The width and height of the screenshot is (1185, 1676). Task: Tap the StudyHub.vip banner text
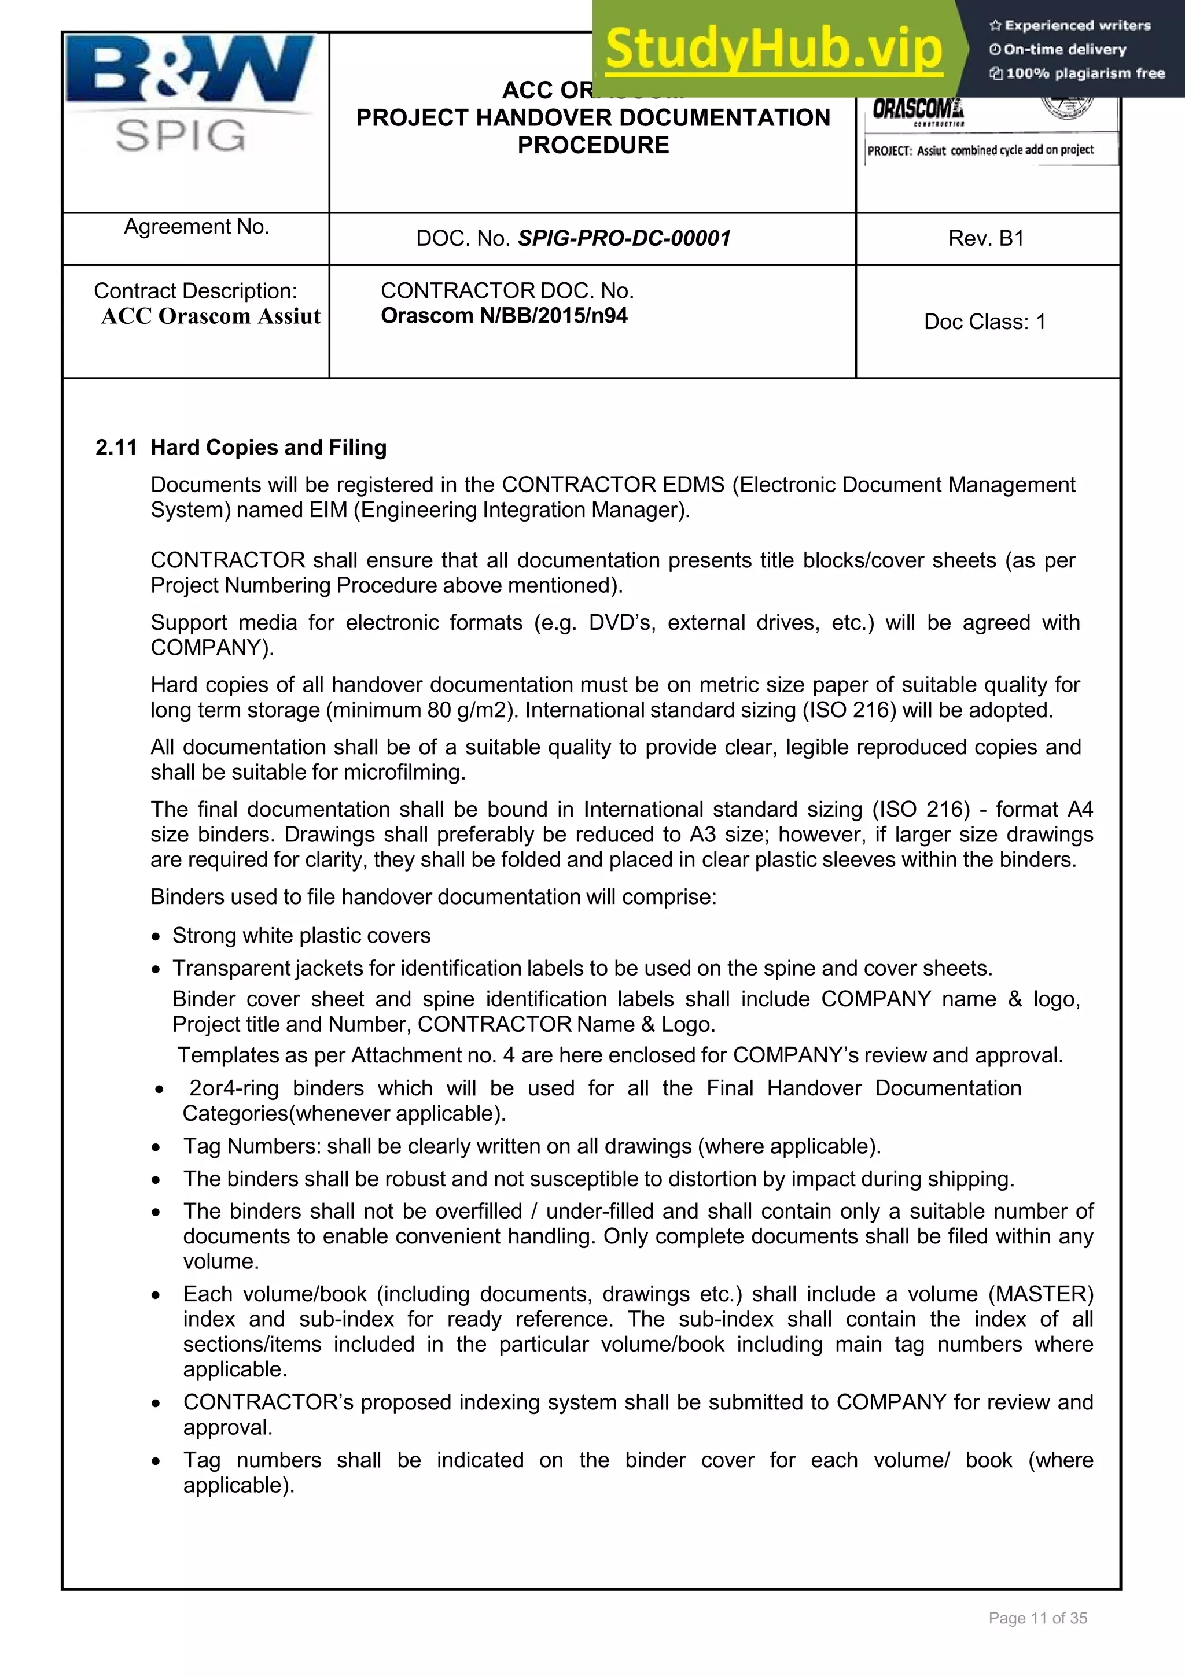774,48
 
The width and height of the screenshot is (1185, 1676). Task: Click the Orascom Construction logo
918,112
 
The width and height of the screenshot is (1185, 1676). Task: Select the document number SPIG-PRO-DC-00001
624,239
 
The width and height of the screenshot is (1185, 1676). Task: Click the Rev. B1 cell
986,239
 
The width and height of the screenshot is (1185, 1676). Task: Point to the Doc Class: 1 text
984,322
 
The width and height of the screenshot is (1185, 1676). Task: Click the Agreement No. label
196,227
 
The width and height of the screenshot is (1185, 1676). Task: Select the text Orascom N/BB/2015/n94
504,316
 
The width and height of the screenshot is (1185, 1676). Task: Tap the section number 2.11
116,448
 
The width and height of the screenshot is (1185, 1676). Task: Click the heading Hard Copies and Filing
268,448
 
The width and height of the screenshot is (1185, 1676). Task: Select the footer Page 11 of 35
1037,1618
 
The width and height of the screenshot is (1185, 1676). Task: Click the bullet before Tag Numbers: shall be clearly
156,1147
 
